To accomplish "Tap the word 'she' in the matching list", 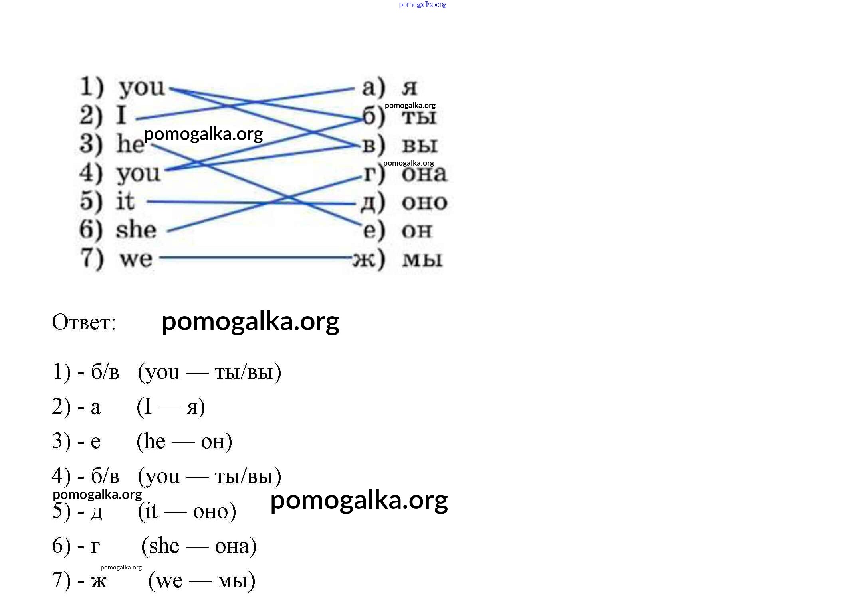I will (x=136, y=230).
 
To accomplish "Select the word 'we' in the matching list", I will (x=136, y=259).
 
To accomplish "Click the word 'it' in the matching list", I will (x=125, y=201).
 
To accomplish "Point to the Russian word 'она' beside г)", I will (x=424, y=174).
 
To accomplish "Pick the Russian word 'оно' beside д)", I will (x=424, y=203).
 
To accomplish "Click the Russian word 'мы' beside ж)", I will (x=422, y=260).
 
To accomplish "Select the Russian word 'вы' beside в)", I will (x=420, y=145).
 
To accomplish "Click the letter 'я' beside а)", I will (x=410, y=88).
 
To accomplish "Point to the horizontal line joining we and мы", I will (x=256, y=258).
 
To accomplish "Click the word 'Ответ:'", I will (x=84, y=322).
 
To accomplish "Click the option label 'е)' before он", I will (x=374, y=231).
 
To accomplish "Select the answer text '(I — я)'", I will (x=171, y=407).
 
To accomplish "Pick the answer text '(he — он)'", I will (x=184, y=441).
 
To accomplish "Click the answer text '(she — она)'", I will (x=199, y=546).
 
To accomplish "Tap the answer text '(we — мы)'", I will (x=202, y=581).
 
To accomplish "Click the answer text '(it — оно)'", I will (x=187, y=511).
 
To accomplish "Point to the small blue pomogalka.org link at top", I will (x=422, y=5).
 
